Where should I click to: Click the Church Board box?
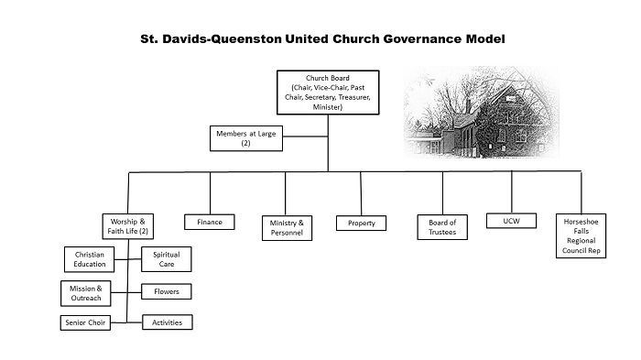coord(328,93)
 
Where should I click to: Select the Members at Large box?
coord(246,138)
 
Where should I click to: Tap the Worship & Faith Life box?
coord(128,226)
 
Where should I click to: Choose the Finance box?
coord(210,222)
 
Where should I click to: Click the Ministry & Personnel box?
coord(287,228)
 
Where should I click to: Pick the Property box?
coord(362,224)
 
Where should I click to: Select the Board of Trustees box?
coord(442,227)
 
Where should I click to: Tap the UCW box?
coord(511,221)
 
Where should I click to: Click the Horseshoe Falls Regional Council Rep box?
coord(581,236)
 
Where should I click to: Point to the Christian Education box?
coord(89,259)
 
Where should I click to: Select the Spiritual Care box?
coord(167,259)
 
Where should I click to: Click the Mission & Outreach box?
coord(86,293)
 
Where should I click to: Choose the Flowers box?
coord(167,291)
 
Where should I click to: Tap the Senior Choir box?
coord(85,322)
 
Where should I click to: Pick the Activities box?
coord(168,322)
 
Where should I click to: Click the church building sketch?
coord(481,112)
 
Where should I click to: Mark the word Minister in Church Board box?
coord(328,107)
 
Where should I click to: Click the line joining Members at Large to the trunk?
coord(305,136)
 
